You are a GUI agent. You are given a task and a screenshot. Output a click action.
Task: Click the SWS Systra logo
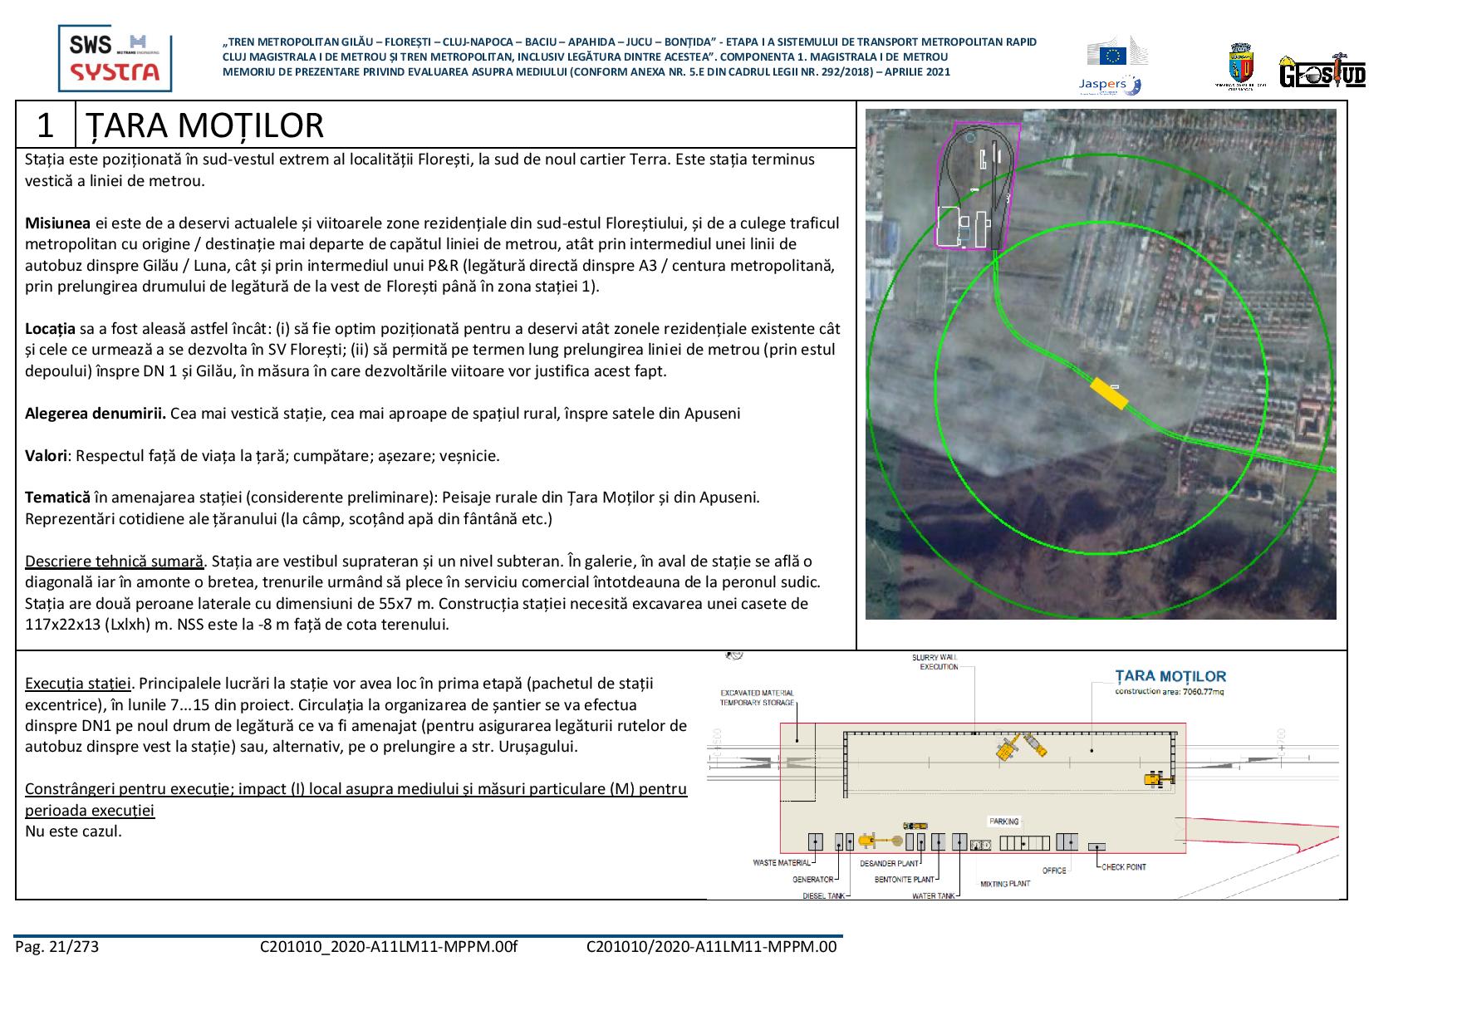coord(115,57)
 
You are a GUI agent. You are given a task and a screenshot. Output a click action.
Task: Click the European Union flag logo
coord(1112,55)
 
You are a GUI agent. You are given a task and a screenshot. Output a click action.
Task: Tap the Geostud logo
coord(1322,71)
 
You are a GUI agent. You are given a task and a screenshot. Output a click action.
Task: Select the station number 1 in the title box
coord(46,125)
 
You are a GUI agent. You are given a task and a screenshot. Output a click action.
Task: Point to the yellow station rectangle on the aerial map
coord(1108,393)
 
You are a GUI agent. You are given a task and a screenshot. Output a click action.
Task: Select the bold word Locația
coord(50,328)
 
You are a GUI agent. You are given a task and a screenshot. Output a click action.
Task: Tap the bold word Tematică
coord(57,498)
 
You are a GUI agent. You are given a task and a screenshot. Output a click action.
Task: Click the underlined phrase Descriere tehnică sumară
coord(114,561)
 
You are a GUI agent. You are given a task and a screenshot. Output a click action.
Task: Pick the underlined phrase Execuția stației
coord(78,684)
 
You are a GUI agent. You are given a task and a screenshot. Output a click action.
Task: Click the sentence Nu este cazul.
coord(73,831)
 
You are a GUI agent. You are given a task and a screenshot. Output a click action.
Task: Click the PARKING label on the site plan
coord(1003,822)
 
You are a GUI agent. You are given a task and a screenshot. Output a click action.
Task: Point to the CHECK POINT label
coord(1123,867)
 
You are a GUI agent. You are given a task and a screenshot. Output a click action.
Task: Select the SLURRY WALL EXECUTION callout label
coord(935,662)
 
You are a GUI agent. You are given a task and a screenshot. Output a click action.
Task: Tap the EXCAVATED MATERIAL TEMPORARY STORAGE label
coord(757,698)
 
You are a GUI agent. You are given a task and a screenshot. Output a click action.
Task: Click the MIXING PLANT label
coord(1004,884)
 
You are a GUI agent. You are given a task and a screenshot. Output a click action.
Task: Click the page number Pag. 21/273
coord(56,946)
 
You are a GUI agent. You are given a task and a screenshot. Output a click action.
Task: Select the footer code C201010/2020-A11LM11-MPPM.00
coord(711,946)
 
